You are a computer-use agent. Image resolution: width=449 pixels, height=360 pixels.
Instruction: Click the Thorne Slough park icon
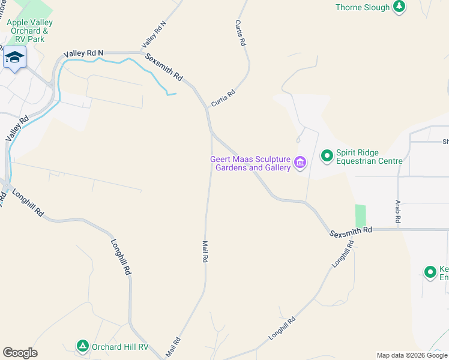[399, 7]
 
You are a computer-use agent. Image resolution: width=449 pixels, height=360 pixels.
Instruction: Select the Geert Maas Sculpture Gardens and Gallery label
[250, 163]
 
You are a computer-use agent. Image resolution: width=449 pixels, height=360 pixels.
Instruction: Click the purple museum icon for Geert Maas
[300, 162]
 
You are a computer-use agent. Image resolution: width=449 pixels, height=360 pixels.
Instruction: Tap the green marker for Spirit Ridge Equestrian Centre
[327, 157]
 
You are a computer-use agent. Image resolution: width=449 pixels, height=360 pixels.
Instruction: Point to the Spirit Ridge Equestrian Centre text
[369, 157]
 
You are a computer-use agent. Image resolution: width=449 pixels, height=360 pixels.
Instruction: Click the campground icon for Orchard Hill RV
[82, 346]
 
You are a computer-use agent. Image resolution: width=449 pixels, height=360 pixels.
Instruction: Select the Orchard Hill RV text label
[119, 347]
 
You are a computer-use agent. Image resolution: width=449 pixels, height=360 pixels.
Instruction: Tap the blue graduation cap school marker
[14, 58]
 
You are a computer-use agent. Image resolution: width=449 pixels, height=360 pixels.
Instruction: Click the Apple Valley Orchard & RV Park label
[29, 31]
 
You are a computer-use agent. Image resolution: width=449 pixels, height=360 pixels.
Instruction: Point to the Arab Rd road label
[397, 212]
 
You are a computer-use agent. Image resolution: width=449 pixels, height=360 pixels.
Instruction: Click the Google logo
[20, 353]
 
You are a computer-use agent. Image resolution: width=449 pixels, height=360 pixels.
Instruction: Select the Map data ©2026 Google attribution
[412, 355]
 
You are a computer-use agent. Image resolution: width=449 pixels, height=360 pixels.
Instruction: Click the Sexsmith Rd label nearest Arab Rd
[351, 230]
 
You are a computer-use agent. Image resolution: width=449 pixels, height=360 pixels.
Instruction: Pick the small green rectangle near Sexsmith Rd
[360, 215]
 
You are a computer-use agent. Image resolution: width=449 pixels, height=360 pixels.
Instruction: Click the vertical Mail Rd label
[205, 252]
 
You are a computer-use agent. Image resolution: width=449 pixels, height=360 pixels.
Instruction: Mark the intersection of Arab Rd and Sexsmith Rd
[398, 229]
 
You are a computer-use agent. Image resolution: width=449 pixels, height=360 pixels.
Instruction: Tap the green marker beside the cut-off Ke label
[430, 272]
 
